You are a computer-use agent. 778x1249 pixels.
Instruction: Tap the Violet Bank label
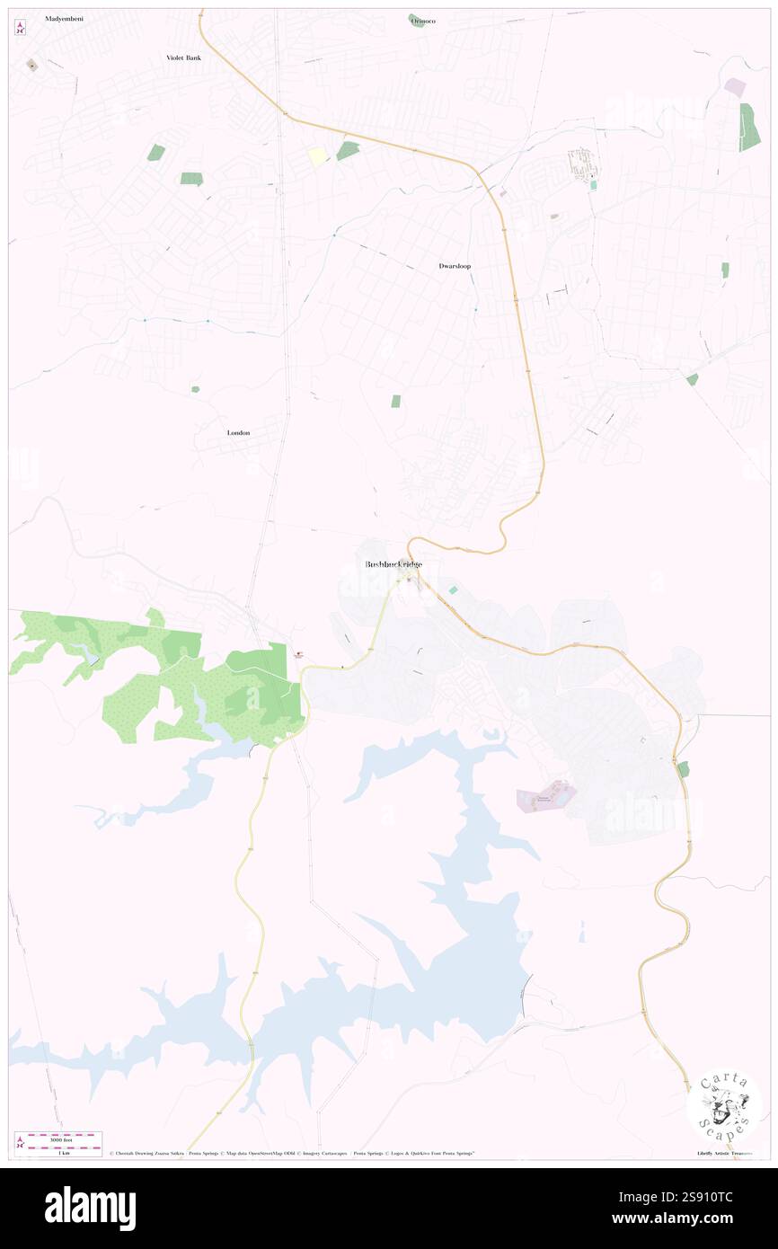(x=183, y=58)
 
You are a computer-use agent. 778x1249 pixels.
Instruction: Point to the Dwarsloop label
(x=455, y=266)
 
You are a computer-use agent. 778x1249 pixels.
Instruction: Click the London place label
(x=238, y=432)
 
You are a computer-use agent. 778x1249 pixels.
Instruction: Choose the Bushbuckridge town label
(x=393, y=564)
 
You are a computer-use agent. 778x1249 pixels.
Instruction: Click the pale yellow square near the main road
(x=318, y=156)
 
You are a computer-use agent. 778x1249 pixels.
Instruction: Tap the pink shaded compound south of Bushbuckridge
(x=545, y=795)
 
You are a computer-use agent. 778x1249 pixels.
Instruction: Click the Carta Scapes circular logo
(x=724, y=1105)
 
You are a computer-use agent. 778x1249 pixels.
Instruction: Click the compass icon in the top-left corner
(x=21, y=28)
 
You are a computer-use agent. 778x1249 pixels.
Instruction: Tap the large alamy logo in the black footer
(x=90, y=1209)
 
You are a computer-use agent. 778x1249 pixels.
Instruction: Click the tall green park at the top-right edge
(x=749, y=127)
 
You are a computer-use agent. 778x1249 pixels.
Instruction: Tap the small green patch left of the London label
(x=195, y=389)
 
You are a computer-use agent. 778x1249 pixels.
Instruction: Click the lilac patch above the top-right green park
(x=735, y=87)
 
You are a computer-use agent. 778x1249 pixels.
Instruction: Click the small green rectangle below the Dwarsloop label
(x=395, y=401)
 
